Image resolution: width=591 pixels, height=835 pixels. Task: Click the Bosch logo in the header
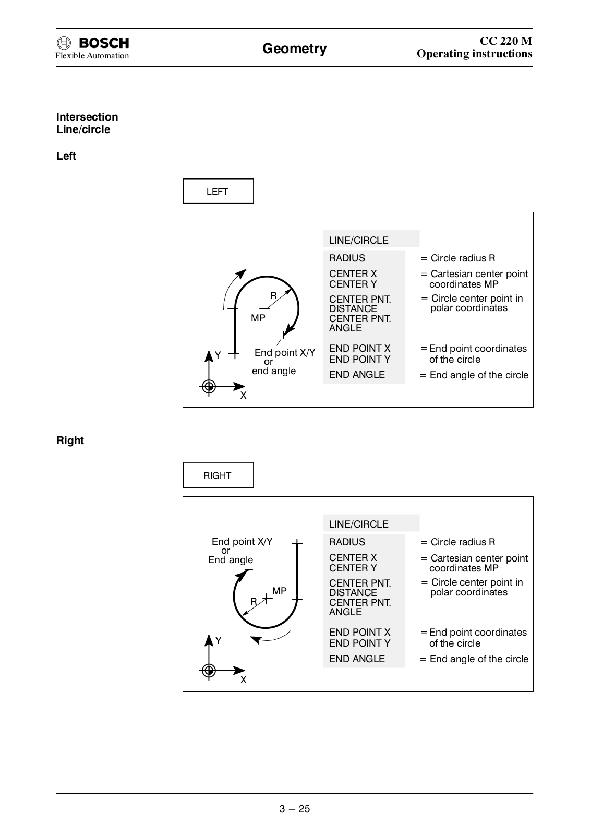tap(93, 43)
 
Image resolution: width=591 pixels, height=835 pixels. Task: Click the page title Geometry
tap(294, 49)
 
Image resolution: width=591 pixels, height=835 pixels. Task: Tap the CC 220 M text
tap(505, 41)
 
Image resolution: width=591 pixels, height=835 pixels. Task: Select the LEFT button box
tap(218, 192)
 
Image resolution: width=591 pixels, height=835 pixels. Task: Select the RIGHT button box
tap(218, 475)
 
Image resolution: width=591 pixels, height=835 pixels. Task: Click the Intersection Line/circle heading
tap(87, 123)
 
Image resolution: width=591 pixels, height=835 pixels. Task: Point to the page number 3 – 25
tap(295, 809)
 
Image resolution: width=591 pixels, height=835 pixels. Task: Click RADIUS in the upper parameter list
tap(347, 258)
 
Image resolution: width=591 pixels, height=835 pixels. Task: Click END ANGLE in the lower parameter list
tap(357, 659)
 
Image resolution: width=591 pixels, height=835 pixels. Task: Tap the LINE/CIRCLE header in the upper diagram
tap(359, 241)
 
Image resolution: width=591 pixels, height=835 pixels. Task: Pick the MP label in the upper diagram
tap(258, 318)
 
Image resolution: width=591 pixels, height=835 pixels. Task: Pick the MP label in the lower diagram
tap(280, 591)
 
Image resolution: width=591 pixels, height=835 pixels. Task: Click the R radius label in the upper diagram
tap(273, 296)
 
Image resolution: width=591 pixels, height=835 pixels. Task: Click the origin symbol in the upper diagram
tap(209, 386)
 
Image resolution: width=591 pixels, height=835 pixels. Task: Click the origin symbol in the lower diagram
tap(209, 671)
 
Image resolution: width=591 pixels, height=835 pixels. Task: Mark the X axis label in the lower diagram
tap(243, 680)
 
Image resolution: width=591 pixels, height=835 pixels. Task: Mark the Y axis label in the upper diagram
tap(218, 355)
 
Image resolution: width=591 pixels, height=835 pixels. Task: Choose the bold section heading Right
tap(70, 440)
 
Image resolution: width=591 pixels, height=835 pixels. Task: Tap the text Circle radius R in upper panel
tap(463, 258)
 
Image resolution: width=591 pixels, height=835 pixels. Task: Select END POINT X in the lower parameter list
tap(359, 633)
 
